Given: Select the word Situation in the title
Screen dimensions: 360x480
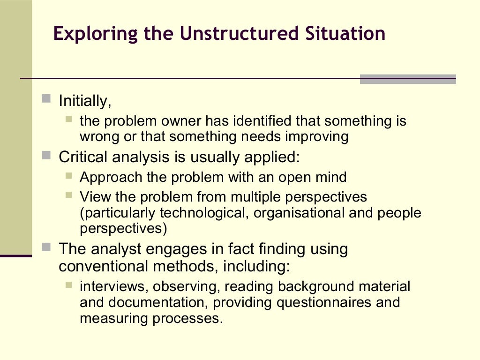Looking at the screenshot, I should click(x=342, y=34).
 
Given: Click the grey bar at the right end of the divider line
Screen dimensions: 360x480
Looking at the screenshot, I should click(x=408, y=79).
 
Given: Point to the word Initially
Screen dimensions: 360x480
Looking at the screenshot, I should click(x=85, y=101).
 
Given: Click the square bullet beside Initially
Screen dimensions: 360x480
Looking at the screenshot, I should click(x=46, y=98).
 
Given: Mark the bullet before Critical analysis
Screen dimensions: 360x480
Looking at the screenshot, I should click(x=46, y=155).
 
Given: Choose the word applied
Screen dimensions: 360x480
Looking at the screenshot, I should click(x=272, y=157).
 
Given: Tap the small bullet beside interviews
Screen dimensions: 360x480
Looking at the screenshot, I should click(x=69, y=284).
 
